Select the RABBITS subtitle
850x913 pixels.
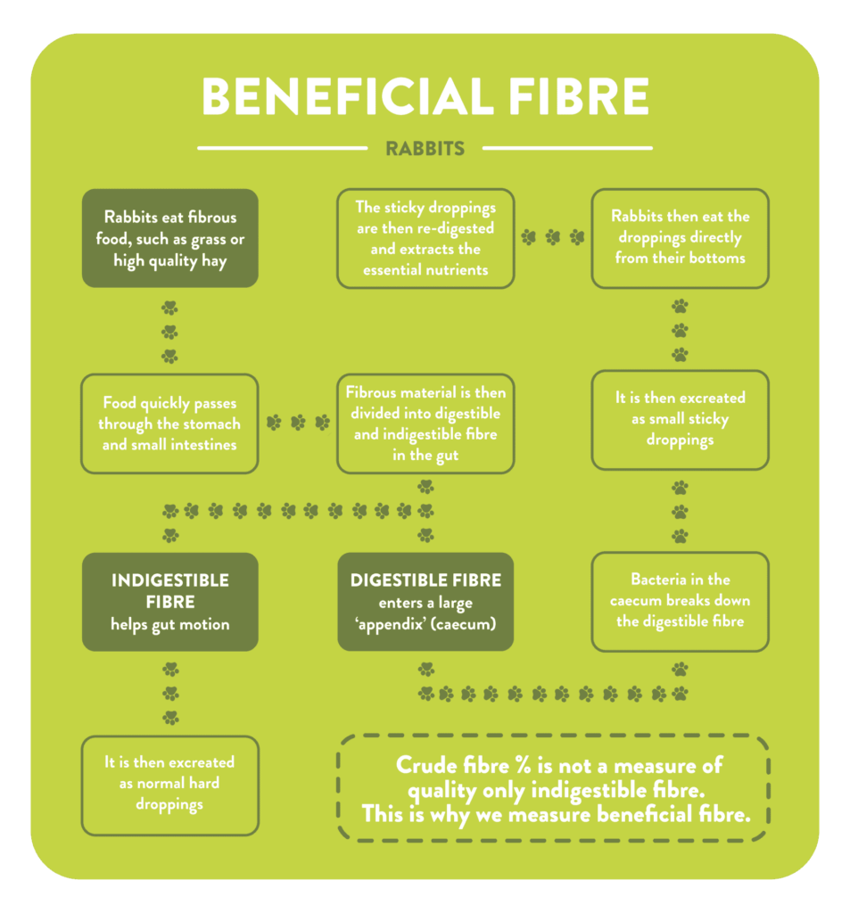(x=425, y=148)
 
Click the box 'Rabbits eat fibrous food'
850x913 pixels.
(x=169, y=238)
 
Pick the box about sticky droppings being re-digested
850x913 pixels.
(x=425, y=238)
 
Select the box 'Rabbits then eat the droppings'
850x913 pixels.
(x=680, y=238)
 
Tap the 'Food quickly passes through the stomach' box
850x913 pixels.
(x=169, y=424)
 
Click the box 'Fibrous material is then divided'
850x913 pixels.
(x=425, y=424)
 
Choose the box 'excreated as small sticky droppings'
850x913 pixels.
(x=680, y=419)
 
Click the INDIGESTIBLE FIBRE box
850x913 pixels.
(x=169, y=602)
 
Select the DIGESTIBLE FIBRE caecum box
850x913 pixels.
(x=425, y=602)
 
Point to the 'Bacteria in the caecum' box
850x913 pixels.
(x=680, y=600)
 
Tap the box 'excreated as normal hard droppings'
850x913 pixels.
(x=169, y=785)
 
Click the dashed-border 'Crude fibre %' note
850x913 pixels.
(x=553, y=788)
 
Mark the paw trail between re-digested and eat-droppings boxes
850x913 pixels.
(x=553, y=237)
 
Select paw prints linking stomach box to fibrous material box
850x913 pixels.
(x=298, y=423)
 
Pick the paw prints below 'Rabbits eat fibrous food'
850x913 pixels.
(x=169, y=332)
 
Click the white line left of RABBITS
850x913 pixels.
(x=282, y=148)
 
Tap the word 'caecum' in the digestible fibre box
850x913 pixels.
(x=464, y=625)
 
